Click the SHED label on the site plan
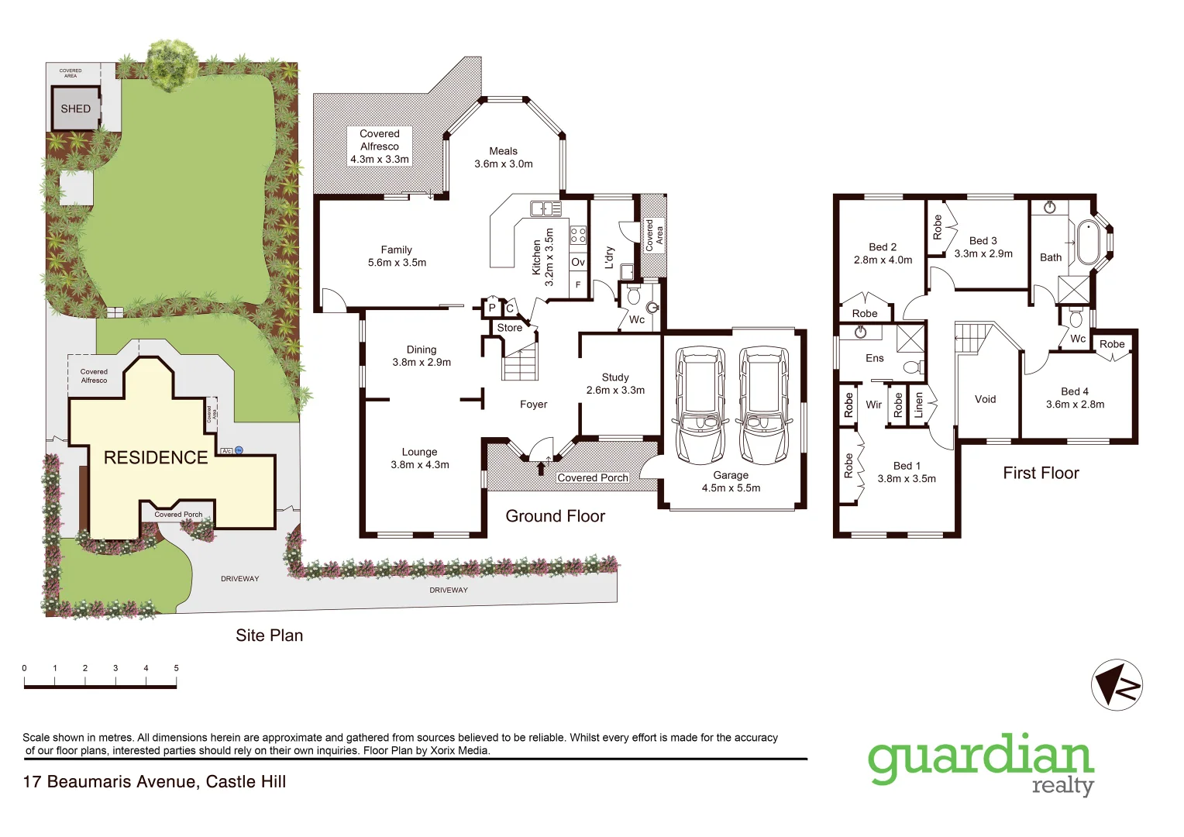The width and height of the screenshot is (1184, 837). tap(76, 108)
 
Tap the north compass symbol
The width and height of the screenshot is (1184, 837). tap(1117, 685)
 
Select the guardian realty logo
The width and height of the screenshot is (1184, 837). tap(981, 764)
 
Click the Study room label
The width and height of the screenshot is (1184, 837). tap(615, 384)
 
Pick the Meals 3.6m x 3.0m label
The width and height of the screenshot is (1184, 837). tap(504, 157)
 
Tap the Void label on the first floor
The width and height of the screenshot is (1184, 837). tap(986, 399)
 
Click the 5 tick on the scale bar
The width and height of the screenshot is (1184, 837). tap(176, 668)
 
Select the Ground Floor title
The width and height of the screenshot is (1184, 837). tap(555, 516)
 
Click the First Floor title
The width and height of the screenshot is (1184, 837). tap(1041, 473)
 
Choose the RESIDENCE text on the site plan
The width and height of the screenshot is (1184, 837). tap(156, 457)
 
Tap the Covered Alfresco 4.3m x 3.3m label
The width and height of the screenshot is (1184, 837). tap(380, 146)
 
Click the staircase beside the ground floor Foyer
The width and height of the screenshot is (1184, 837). tap(519, 363)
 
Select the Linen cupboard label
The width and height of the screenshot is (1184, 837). tap(919, 405)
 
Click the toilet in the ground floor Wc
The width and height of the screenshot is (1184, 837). tap(633, 295)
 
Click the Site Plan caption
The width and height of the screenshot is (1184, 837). tap(269, 635)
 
